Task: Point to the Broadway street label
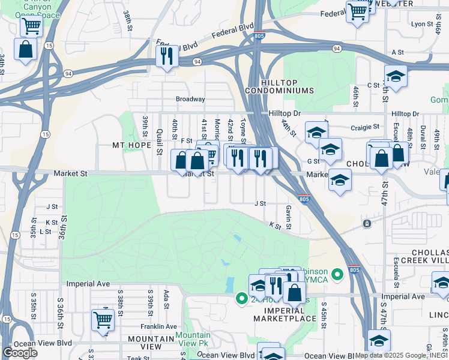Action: click(x=190, y=99)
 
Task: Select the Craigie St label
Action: click(x=366, y=127)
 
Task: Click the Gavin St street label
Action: click(x=289, y=218)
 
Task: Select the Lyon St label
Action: click(x=422, y=24)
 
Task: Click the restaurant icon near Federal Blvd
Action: click(x=166, y=56)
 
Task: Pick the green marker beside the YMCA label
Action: click(x=337, y=274)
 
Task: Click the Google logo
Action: click(x=20, y=352)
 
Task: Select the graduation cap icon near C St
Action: click(x=396, y=76)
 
